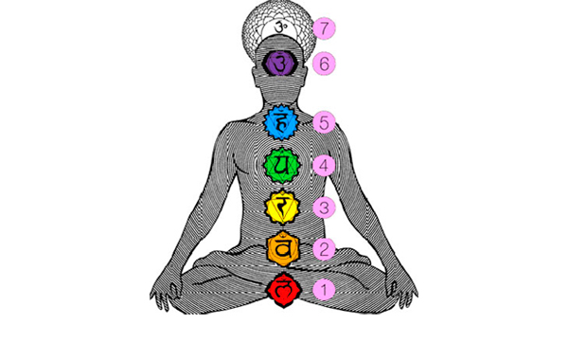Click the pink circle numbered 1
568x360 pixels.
pos(324,289)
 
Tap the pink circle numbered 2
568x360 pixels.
pos(324,250)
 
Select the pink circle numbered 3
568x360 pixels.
pos(324,207)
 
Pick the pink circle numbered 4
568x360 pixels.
pos(324,165)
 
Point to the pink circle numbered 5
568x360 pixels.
pos(324,121)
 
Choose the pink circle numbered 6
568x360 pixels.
pos(324,63)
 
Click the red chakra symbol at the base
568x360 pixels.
pos(282,288)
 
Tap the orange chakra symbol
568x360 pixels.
pos(282,249)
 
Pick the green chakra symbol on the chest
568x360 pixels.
pos(282,165)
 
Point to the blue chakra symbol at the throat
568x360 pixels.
pos(282,121)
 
